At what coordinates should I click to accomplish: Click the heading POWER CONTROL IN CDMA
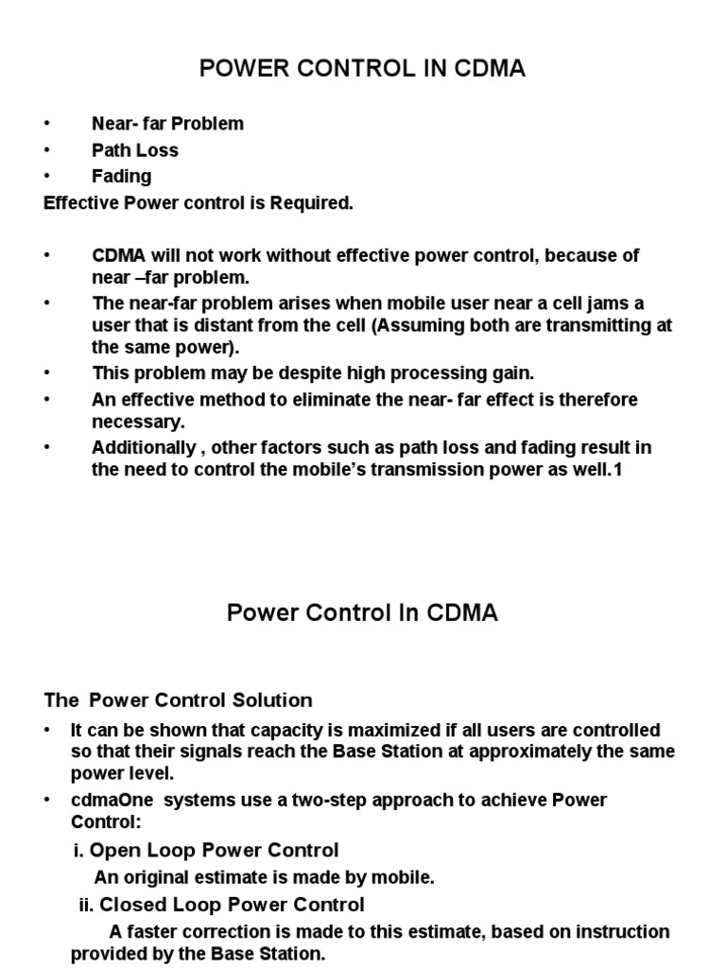[x=362, y=69]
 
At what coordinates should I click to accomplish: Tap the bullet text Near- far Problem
[x=167, y=124]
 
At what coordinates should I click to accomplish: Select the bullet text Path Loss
[x=135, y=150]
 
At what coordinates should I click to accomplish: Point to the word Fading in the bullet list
[x=121, y=176]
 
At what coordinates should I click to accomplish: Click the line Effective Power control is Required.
[x=199, y=202]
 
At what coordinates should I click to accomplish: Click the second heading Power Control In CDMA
[x=362, y=614]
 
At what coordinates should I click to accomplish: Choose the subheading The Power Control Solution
[x=179, y=700]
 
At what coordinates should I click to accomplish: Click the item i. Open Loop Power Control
[x=205, y=850]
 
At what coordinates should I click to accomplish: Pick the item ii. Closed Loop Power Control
[x=221, y=905]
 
